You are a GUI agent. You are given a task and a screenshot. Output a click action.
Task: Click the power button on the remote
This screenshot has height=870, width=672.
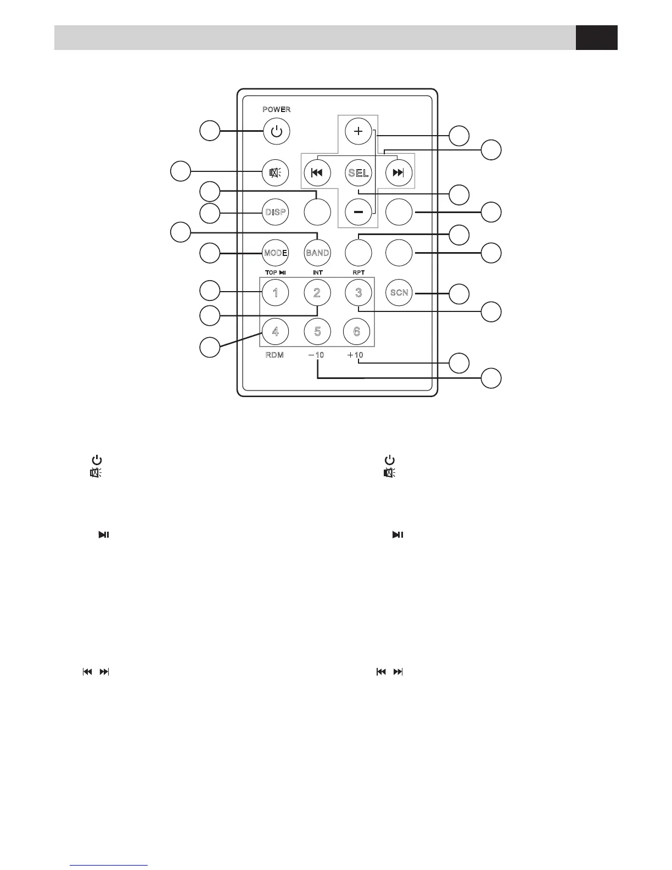[276, 132]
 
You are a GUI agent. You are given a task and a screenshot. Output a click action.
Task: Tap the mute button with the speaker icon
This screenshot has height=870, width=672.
[275, 172]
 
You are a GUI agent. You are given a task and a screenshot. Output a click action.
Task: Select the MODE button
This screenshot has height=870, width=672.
[276, 253]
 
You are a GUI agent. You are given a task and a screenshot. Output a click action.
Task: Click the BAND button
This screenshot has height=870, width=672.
[317, 253]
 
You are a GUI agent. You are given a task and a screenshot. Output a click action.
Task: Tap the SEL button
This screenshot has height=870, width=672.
[358, 172]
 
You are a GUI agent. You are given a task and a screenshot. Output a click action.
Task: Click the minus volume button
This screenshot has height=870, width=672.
[358, 213]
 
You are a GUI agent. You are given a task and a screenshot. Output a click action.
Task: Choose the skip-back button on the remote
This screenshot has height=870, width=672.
[317, 172]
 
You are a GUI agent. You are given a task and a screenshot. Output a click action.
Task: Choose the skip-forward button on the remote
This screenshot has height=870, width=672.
[399, 172]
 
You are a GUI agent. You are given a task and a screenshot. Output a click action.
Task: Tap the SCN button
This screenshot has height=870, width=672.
[399, 292]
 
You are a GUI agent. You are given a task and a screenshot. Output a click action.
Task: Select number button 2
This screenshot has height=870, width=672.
[317, 292]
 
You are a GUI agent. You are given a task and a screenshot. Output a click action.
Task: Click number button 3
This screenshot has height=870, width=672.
[358, 292]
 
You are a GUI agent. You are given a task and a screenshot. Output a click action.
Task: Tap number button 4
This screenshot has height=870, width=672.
[276, 331]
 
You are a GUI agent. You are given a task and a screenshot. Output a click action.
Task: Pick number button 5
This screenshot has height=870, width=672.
[317, 331]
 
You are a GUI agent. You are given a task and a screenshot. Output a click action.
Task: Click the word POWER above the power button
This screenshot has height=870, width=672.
[276, 109]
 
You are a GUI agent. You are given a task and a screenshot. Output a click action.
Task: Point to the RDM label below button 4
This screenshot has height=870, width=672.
[275, 355]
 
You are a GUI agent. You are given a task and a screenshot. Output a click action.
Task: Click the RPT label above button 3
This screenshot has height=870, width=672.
[358, 272]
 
